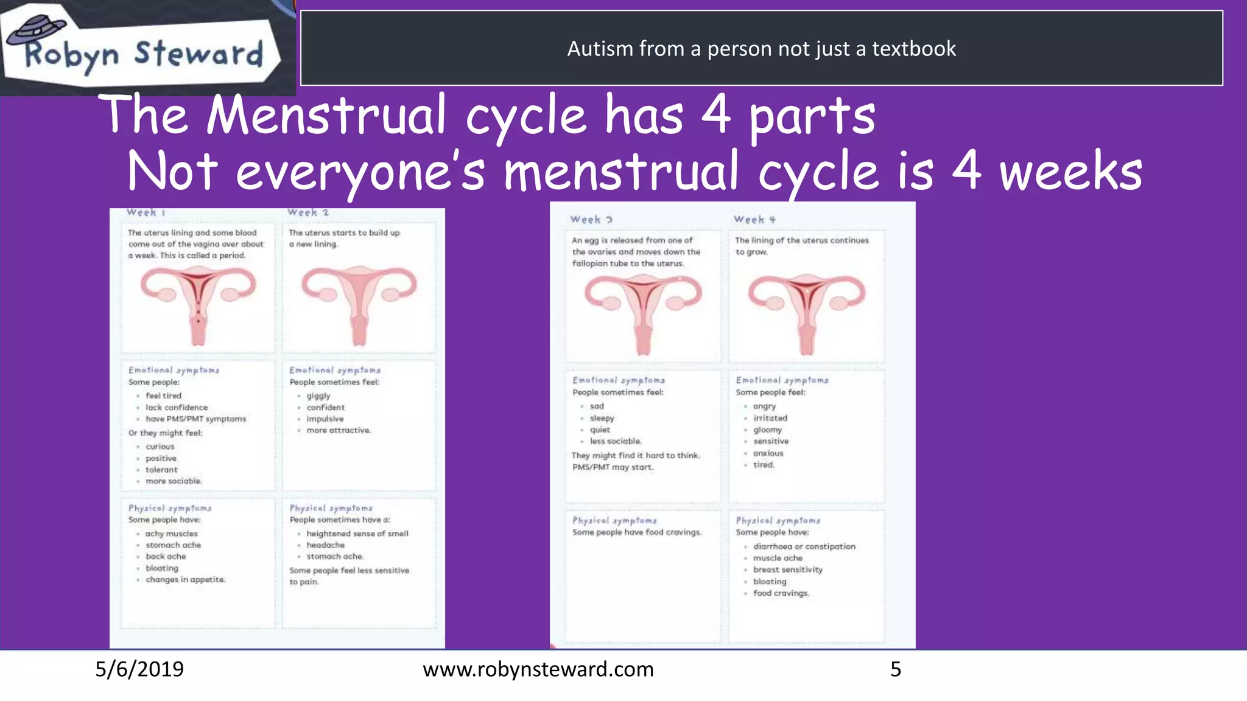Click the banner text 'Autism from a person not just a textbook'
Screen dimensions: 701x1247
[x=761, y=48]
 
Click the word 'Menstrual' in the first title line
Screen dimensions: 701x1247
[x=326, y=115]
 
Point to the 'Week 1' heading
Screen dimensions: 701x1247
[x=146, y=212]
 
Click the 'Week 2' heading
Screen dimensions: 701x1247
[x=308, y=212]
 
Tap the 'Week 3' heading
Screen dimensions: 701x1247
[x=591, y=220]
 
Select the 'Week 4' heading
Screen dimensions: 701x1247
[x=754, y=220]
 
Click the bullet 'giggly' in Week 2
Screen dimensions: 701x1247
[x=318, y=396]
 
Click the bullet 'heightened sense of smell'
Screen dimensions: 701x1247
[x=357, y=534]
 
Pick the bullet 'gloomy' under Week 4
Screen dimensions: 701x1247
[x=767, y=430]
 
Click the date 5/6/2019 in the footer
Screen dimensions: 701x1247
[x=139, y=669]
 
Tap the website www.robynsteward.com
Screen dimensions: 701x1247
[x=538, y=669]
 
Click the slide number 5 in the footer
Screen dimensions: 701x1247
[x=896, y=669]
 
